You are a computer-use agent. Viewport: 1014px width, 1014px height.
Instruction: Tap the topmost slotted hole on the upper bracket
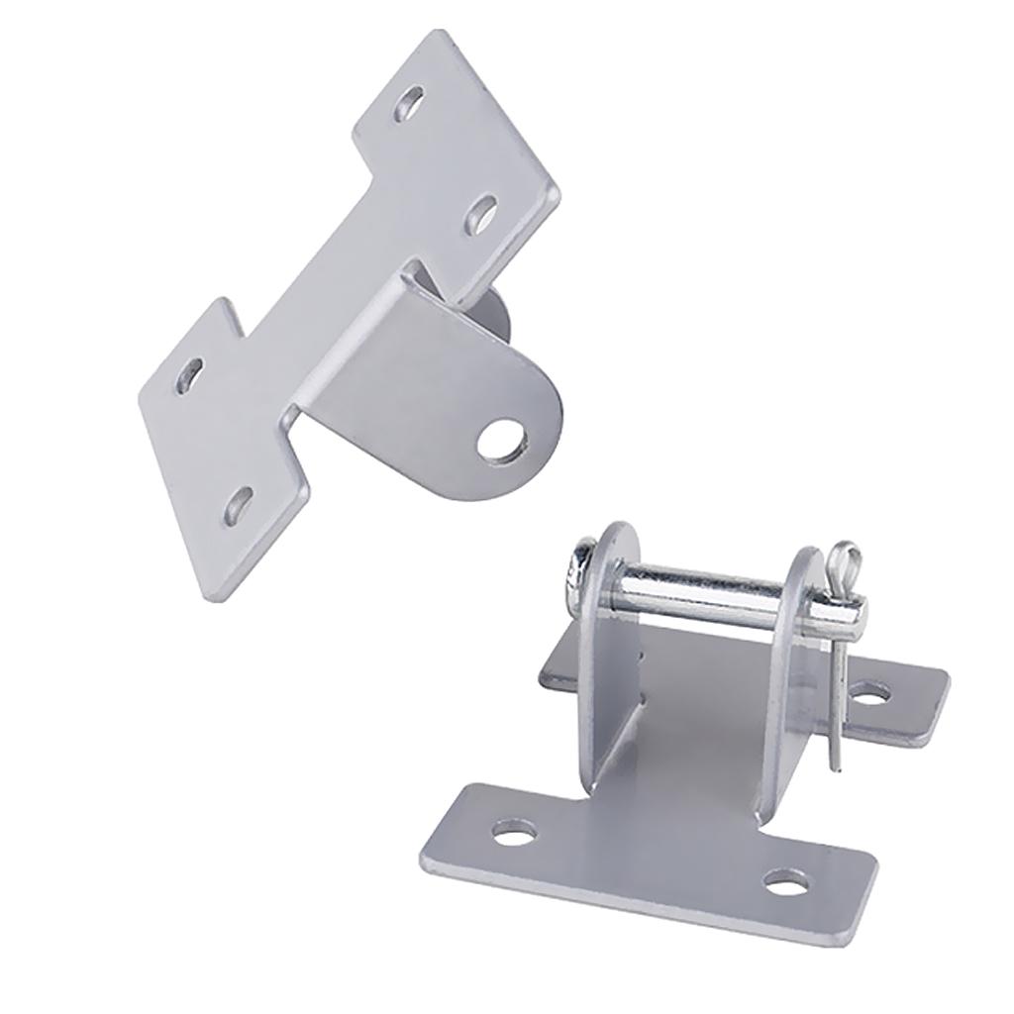pyautogui.click(x=409, y=104)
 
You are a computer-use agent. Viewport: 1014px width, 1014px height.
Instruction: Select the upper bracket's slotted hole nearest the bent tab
pyautogui.click(x=482, y=212)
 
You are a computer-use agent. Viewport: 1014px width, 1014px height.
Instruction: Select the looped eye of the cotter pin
pyautogui.click(x=841, y=560)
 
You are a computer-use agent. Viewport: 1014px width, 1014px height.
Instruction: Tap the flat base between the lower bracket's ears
pyautogui.click(x=693, y=753)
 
